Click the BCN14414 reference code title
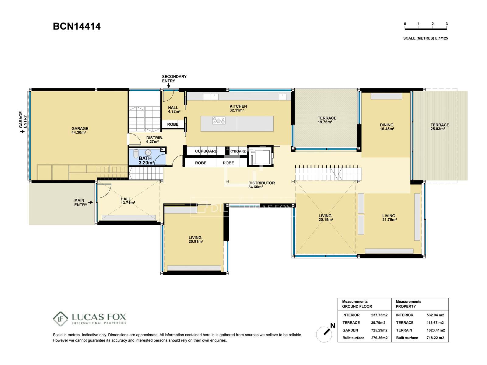tap(76, 26)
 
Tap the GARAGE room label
tap(80, 129)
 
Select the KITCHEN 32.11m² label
tap(238, 108)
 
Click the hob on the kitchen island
tap(219, 120)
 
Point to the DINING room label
tap(387, 125)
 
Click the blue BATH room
tap(147, 157)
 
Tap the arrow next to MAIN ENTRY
tap(90, 202)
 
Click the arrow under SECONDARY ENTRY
tap(169, 85)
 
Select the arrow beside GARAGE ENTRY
tap(22, 132)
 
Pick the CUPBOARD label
tap(206, 151)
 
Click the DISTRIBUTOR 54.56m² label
tap(261, 185)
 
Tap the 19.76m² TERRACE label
tap(327, 120)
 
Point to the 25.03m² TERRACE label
tap(440, 127)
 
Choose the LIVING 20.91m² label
tap(195, 239)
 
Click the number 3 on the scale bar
tap(447, 24)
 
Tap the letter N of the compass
tap(333, 325)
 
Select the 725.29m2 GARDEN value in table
tap(379, 330)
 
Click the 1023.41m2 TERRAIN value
tap(436, 330)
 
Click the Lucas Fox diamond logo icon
tap(60, 319)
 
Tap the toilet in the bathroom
tap(136, 154)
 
